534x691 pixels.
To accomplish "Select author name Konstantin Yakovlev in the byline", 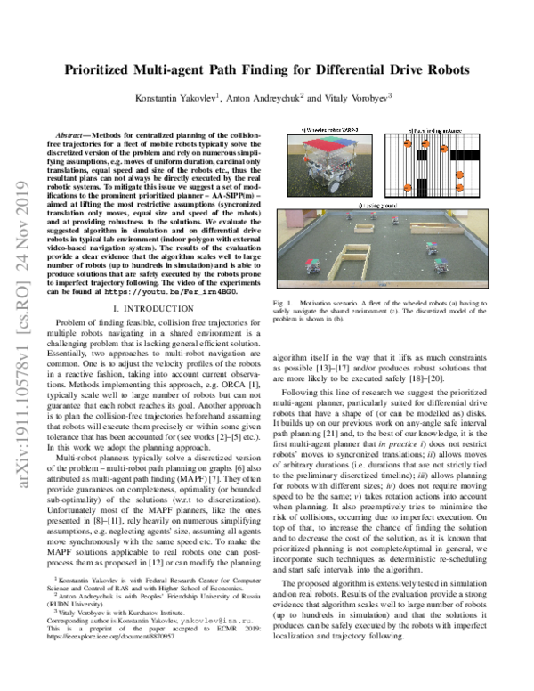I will click(171, 100).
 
